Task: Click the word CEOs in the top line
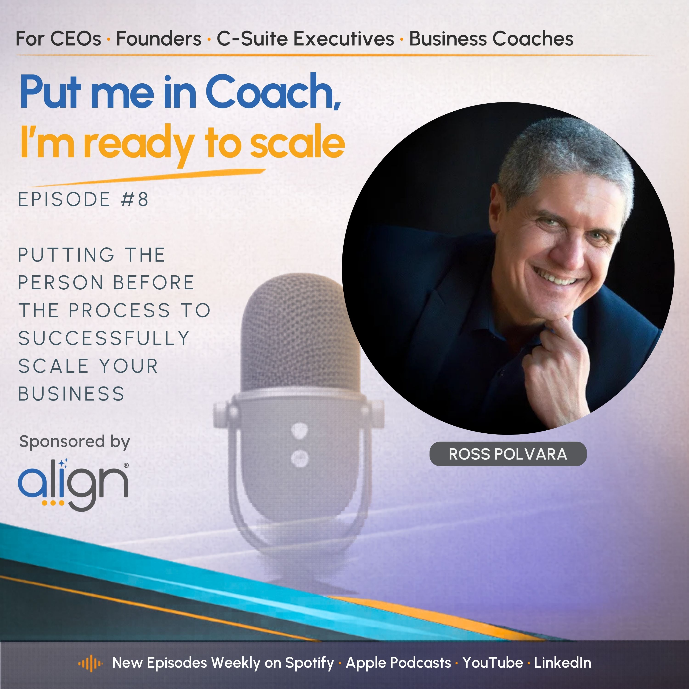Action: click(76, 39)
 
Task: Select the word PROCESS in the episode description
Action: click(119, 310)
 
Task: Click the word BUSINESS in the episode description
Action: click(71, 394)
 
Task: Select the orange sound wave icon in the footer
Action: click(90, 663)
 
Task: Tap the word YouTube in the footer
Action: click(493, 663)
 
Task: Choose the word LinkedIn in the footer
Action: click(562, 663)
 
